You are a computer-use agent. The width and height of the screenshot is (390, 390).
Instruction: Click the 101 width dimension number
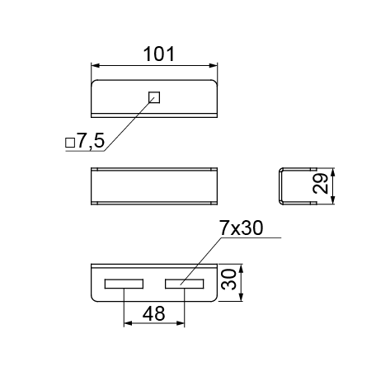[159, 54]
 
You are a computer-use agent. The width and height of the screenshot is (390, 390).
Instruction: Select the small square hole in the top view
[154, 97]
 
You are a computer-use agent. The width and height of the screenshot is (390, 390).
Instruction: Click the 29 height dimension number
[321, 183]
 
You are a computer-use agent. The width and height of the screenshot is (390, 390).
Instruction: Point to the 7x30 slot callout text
[242, 228]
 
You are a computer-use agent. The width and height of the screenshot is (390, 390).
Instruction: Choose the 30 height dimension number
[228, 280]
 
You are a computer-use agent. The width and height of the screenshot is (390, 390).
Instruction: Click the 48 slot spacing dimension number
[154, 313]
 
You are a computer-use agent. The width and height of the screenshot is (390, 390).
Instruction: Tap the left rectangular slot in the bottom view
[124, 284]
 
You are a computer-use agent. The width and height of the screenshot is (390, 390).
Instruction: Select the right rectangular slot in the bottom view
[185, 284]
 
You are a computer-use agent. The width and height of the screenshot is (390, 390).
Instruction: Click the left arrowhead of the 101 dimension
[95, 65]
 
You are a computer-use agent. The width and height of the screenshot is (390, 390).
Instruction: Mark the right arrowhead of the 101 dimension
[214, 65]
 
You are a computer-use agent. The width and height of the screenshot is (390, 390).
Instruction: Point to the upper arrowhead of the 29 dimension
[332, 172]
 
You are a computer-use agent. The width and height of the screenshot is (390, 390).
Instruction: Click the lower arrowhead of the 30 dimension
[241, 297]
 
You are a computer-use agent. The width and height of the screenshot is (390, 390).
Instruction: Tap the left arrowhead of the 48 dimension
[128, 323]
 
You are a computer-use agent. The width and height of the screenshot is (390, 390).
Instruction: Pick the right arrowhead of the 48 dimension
[181, 323]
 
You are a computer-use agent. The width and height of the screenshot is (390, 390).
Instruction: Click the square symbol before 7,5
[70, 143]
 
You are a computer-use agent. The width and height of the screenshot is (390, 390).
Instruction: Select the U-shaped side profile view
[280, 186]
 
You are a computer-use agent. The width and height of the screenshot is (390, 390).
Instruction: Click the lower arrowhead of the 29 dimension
[332, 200]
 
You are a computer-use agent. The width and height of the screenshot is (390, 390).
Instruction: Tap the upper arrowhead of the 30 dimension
[241, 269]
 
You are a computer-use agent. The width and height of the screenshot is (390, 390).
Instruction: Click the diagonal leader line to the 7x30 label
[201, 261]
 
